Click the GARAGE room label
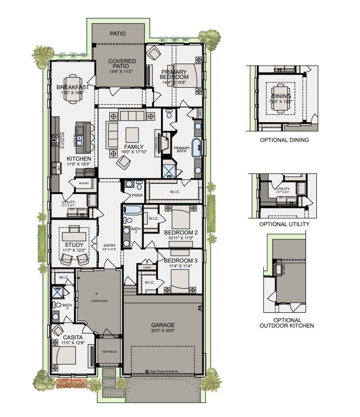click(x=163, y=325)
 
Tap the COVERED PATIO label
click(x=122, y=64)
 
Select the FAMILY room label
click(x=134, y=147)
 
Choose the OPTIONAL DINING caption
click(x=284, y=140)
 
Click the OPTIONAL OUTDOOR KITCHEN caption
click(x=287, y=323)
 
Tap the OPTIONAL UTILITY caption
click(x=284, y=224)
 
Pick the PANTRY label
click(x=84, y=183)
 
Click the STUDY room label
click(x=74, y=245)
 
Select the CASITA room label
click(x=73, y=337)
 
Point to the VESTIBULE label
click(x=109, y=352)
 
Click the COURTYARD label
click(x=99, y=301)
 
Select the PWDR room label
click(x=137, y=195)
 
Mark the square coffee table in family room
click(x=132, y=135)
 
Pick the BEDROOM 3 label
click(x=181, y=260)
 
